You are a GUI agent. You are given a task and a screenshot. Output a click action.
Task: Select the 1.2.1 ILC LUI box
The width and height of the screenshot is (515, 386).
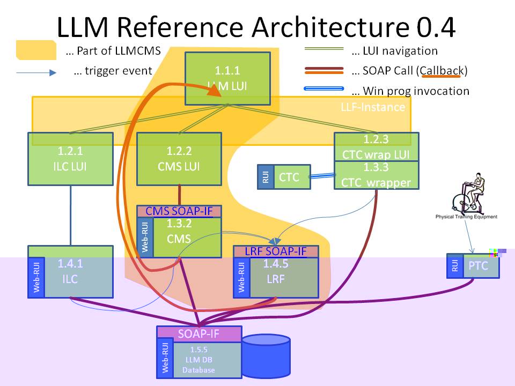[70, 159]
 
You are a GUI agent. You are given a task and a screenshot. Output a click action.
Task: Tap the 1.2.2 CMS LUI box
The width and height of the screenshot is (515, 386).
[179, 159]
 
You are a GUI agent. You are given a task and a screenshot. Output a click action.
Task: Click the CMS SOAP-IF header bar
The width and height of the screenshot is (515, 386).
[179, 211]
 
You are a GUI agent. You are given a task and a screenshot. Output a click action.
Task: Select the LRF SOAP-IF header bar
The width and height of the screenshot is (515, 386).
[276, 251]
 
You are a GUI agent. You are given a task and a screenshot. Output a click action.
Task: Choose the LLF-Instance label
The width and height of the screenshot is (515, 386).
[373, 107]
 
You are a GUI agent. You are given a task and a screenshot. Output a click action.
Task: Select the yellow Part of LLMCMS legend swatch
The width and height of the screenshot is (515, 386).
[35, 50]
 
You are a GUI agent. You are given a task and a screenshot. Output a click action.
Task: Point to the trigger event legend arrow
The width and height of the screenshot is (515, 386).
[36, 72]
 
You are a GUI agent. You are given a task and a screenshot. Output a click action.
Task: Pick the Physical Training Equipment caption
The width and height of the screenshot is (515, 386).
[466, 217]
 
